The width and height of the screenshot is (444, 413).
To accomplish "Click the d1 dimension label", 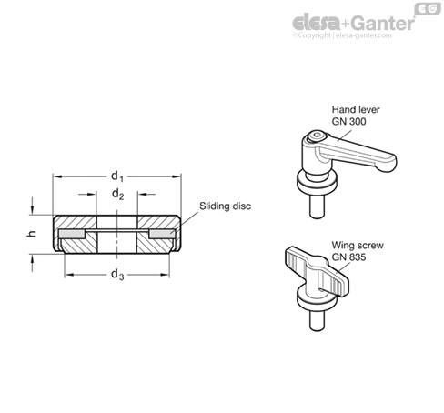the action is point(117,176).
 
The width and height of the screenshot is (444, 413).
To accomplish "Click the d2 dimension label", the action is point(118,194).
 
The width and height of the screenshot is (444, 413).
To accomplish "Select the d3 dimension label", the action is point(117,275).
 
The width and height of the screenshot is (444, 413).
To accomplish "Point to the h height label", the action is point(32,234).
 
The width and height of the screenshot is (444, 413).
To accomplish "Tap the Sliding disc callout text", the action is point(225,206).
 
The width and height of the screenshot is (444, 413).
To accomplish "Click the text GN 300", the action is point(348,121).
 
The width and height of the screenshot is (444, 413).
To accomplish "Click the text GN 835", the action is point(348,257).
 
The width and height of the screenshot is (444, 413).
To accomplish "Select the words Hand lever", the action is point(356,109).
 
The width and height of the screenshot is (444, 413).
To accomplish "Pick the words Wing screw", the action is point(358,245).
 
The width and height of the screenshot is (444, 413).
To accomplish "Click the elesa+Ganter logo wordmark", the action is point(353,23).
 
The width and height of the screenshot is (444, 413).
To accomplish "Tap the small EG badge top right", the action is point(428,8).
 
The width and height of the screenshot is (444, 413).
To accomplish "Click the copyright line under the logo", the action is point(342,35).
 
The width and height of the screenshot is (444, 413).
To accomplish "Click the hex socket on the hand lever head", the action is point(318,136).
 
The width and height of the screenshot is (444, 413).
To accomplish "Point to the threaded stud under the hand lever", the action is point(317,206).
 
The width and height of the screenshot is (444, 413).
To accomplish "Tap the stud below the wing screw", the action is point(317,321).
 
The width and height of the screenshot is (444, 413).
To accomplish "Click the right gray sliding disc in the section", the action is point(162,234).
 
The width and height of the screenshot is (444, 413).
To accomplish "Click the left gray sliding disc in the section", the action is point(72,234).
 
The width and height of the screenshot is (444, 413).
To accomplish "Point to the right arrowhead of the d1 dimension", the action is point(177,176).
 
